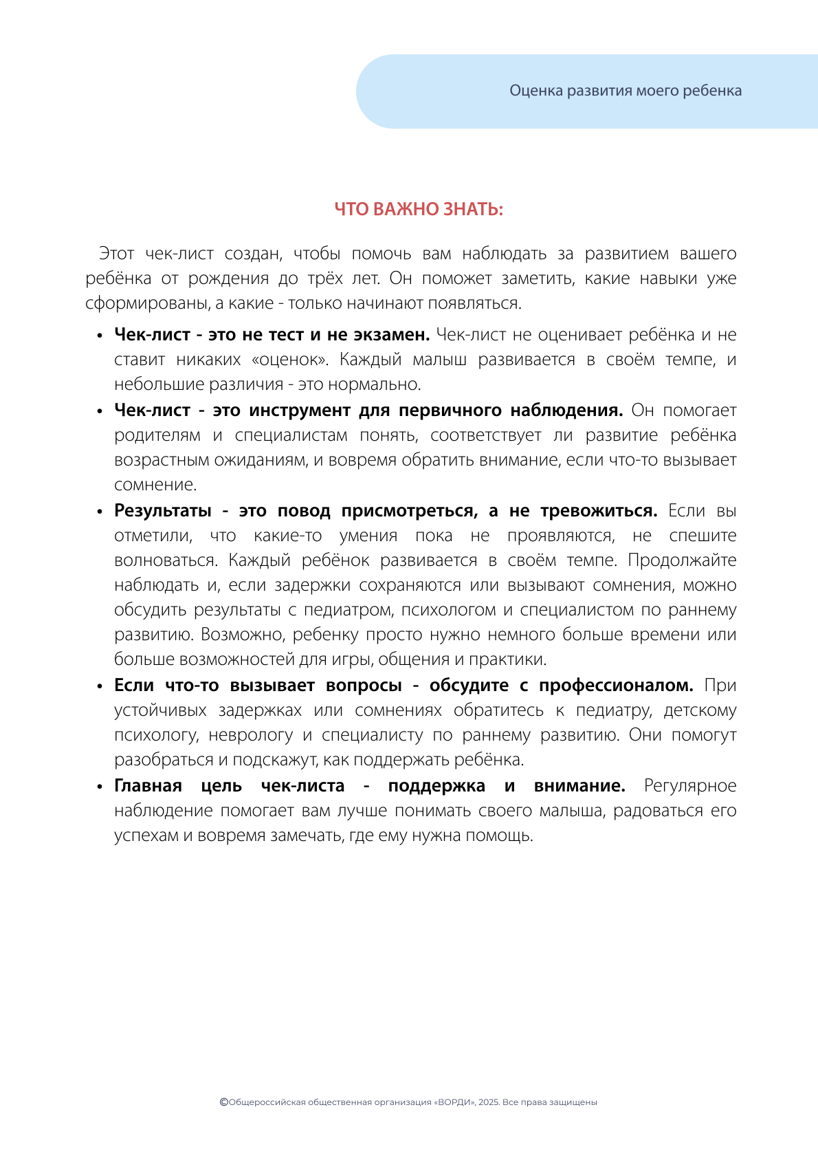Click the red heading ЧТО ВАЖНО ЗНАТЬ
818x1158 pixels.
tap(419, 209)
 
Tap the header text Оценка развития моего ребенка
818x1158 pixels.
tap(625, 91)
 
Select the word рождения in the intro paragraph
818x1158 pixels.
tap(228, 278)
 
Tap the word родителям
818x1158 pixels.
tap(157, 435)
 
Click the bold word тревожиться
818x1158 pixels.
tap(598, 511)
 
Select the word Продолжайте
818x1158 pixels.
tap(682, 560)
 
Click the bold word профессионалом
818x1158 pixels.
tap(616, 686)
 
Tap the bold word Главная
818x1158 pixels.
tap(148, 786)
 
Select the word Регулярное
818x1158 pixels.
tap(689, 786)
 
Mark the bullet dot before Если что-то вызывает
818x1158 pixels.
tap(100, 686)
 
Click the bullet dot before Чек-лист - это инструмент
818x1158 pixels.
tap(100, 411)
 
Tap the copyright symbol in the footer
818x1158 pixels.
tap(223, 1102)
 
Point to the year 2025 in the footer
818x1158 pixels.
tap(488, 1102)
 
